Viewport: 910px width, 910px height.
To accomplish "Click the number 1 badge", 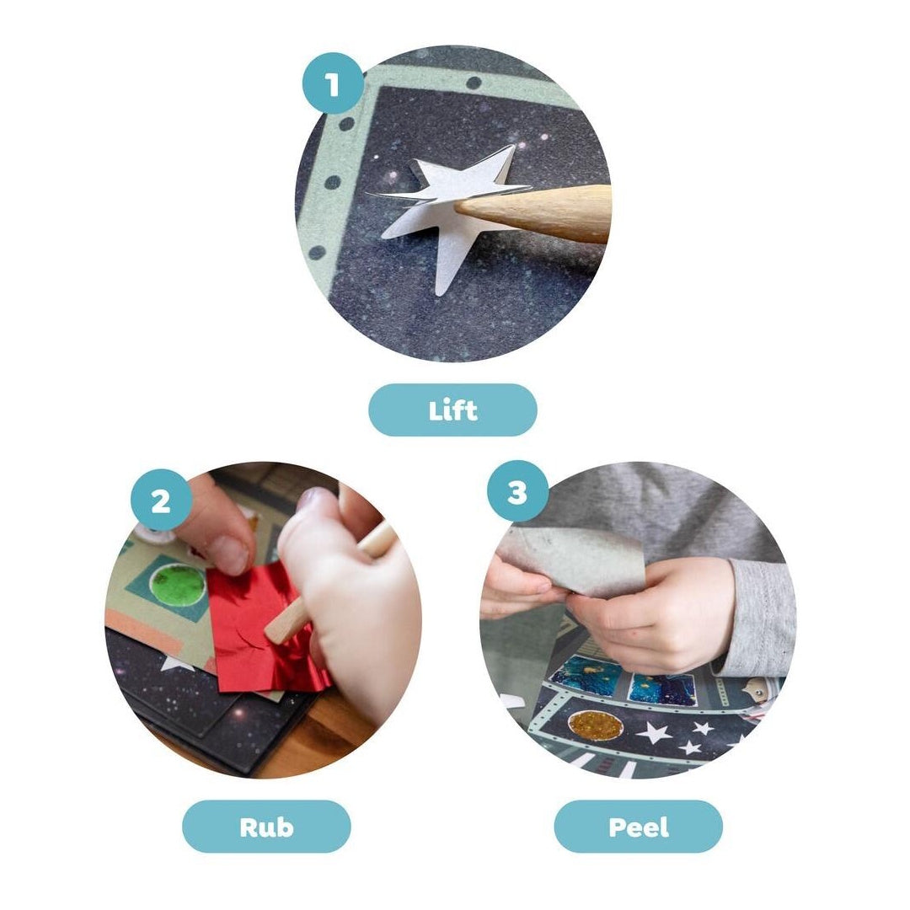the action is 333,84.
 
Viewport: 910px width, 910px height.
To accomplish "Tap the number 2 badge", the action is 161,500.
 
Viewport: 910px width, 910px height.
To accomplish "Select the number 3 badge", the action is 517,491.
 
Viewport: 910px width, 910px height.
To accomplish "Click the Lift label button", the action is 452,409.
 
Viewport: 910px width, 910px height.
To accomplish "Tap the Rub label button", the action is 266,827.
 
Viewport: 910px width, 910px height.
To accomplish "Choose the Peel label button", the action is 639,827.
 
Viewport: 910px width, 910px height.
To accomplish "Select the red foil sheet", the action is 264,629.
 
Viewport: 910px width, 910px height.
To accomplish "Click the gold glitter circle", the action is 596,725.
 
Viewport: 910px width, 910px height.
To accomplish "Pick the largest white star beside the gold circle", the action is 655,732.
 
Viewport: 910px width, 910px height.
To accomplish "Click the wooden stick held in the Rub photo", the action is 325,586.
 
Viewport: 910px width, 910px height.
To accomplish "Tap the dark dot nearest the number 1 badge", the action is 346,124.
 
